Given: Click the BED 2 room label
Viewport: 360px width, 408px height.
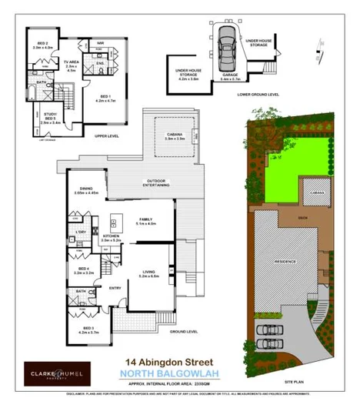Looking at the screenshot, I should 42,45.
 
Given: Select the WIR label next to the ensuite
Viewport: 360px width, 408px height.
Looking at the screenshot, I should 101,43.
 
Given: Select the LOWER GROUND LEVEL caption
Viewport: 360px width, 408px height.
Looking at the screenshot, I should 258,94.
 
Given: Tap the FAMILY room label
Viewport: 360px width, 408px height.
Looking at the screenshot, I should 145,221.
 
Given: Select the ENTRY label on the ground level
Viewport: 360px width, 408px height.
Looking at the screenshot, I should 115,289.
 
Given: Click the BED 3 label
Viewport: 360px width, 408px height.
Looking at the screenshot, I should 88,309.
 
